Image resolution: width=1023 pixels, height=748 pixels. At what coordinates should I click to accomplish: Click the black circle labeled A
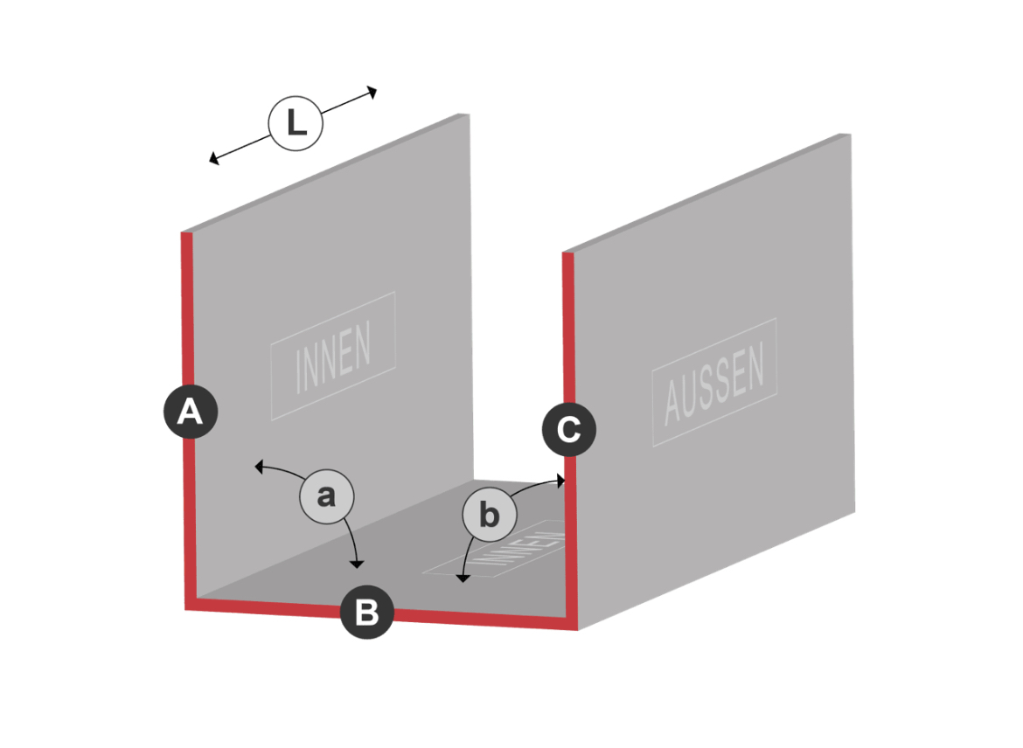(191, 412)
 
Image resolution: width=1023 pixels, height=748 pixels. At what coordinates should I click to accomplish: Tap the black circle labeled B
(366, 613)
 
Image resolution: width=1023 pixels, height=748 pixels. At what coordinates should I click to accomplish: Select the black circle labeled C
(569, 429)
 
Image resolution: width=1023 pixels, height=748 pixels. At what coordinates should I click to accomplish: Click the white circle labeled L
(296, 123)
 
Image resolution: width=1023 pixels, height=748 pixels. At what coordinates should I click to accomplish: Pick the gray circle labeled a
(327, 496)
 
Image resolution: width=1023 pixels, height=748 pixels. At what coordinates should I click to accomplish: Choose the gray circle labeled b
(490, 515)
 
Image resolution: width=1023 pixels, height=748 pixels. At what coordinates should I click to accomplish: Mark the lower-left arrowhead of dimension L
(212, 158)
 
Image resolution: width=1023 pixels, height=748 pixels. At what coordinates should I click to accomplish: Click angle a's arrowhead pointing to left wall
(258, 467)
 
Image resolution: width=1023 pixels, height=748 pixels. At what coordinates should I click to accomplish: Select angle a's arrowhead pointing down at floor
(356, 564)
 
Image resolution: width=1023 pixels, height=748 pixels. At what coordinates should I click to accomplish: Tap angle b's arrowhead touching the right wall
(561, 481)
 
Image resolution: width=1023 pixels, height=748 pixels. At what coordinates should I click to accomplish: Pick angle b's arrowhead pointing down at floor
(463, 578)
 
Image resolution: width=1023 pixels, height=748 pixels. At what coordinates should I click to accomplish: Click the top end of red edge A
(186, 232)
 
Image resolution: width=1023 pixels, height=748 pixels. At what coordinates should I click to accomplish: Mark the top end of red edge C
(568, 253)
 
